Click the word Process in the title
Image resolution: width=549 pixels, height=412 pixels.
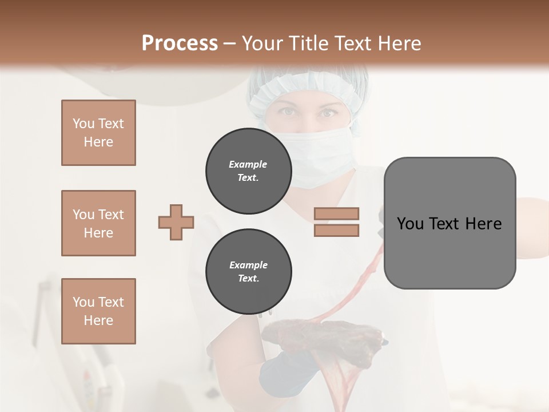click(x=180, y=43)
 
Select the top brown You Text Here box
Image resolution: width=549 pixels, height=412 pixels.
click(x=98, y=133)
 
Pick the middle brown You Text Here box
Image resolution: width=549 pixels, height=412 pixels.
click(x=98, y=223)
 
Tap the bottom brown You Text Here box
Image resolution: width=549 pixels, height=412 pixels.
click(x=98, y=311)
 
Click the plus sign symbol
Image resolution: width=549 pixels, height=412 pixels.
click(x=176, y=222)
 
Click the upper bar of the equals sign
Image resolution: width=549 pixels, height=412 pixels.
click(x=337, y=213)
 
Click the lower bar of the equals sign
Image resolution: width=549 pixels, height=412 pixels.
click(x=337, y=230)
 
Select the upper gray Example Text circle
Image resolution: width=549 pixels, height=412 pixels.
click(x=248, y=171)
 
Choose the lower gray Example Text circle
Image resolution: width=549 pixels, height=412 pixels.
click(x=248, y=272)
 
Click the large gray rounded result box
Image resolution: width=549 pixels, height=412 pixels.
click(x=449, y=223)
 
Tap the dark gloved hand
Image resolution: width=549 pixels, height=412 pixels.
click(x=286, y=366)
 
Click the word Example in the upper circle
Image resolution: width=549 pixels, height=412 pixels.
click(x=248, y=164)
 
